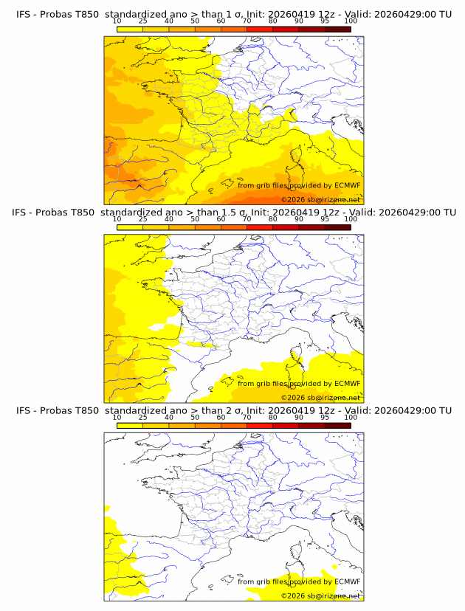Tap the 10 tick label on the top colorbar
tap(117, 21)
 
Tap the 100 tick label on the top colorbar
tap(351, 21)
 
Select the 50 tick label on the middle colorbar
tap(195, 219)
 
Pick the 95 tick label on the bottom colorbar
tap(325, 418)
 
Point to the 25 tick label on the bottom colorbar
tap(143, 418)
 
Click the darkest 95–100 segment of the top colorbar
tap(337, 30)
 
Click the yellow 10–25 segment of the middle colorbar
tap(130, 228)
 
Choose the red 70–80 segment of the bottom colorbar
tap(259, 427)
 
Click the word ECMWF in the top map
tap(347, 185)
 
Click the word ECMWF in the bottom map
tap(347, 581)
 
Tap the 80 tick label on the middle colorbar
tap(272, 219)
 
